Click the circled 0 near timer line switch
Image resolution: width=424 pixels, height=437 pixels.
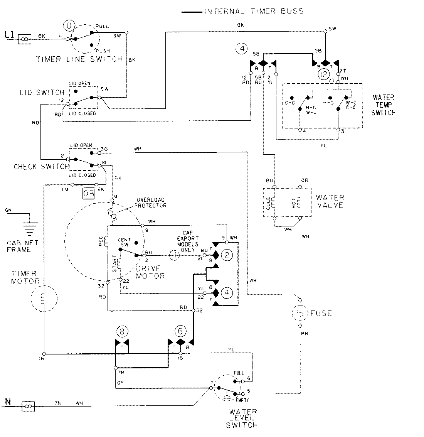tap(69, 26)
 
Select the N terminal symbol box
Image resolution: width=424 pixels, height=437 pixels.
tap(28, 406)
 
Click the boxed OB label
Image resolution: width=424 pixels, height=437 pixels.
tap(88, 194)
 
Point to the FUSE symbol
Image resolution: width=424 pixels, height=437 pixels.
tap(300, 313)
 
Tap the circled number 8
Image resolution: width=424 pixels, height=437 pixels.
tap(122, 331)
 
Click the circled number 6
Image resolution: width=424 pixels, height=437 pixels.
tap(180, 331)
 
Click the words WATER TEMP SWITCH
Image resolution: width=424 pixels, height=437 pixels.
tap(383, 105)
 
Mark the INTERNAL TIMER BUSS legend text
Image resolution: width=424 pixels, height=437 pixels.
tap(253, 11)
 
